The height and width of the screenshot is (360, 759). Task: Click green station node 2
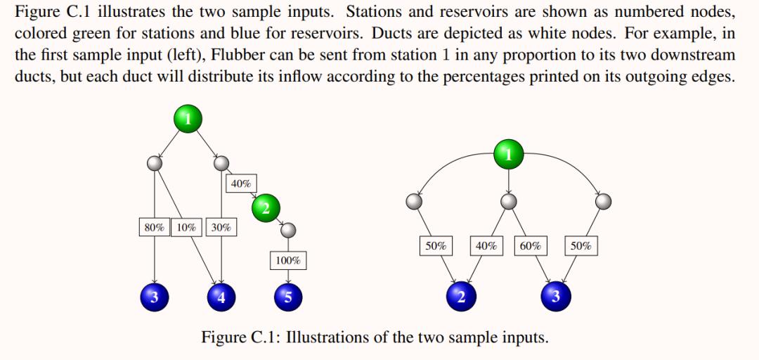click(x=265, y=207)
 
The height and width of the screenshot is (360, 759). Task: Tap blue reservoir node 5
click(x=287, y=297)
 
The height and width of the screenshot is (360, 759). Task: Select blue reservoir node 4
click(x=221, y=297)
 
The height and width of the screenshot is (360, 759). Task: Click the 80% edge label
click(x=154, y=227)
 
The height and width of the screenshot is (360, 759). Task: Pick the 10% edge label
click(x=186, y=227)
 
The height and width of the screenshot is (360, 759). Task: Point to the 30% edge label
click(x=221, y=227)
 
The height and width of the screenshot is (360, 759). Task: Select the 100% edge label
click(x=287, y=260)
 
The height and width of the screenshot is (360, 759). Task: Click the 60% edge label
click(x=531, y=246)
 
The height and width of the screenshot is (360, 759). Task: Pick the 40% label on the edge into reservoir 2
click(x=486, y=246)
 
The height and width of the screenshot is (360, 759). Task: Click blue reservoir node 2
click(x=460, y=297)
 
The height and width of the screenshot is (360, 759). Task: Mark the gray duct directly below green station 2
click(x=287, y=231)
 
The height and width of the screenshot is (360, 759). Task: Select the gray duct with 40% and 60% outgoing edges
click(x=508, y=202)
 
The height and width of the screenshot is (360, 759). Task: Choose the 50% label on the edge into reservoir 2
click(x=436, y=246)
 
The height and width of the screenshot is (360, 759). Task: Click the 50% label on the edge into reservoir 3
click(x=580, y=246)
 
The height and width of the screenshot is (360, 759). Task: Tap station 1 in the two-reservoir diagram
click(x=509, y=153)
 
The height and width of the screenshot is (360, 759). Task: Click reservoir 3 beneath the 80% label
click(x=154, y=297)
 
